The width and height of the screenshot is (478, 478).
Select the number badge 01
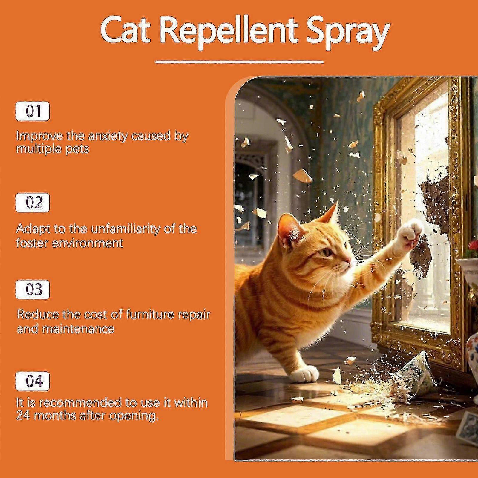click(x=33, y=111)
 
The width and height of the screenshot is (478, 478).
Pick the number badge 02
click(x=33, y=203)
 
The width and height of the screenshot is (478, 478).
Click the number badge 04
click(x=33, y=381)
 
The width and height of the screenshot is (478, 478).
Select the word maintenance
click(x=78, y=329)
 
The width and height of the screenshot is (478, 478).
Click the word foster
click(x=32, y=243)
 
